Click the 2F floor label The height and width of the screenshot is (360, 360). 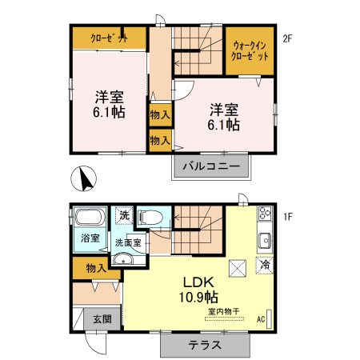288,37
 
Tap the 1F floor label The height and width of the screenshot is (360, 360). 288,217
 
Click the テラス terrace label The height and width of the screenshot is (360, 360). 205,345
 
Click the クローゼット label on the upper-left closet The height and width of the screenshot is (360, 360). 108,38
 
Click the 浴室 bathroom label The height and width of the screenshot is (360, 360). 90,238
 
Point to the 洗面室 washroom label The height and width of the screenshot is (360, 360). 127,242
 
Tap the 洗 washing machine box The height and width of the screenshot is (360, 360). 123,215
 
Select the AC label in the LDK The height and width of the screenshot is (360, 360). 261,319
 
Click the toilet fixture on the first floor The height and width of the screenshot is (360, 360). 150,217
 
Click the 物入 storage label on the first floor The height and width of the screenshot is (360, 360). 96,268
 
